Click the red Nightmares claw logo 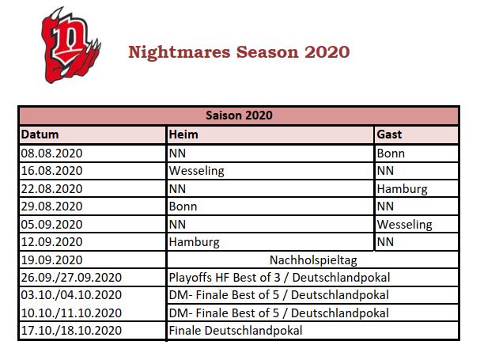click(70, 45)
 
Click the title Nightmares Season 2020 click(239, 52)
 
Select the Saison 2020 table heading click(239, 116)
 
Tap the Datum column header click(40, 135)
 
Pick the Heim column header click(183, 135)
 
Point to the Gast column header click(389, 135)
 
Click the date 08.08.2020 click(51, 153)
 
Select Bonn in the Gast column click(391, 153)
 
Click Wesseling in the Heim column click(197, 171)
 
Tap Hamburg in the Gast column click(403, 189)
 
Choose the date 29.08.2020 click(51, 207)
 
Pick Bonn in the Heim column click(183, 207)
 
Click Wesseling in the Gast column click(404, 225)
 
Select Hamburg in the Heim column click(195, 242)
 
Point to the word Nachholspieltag click(313, 260)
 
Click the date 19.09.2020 click(51, 260)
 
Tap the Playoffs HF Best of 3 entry click(225, 278)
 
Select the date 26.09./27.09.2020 click(71, 278)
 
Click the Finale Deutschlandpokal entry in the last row click(236, 331)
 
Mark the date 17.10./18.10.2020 click(71, 331)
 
